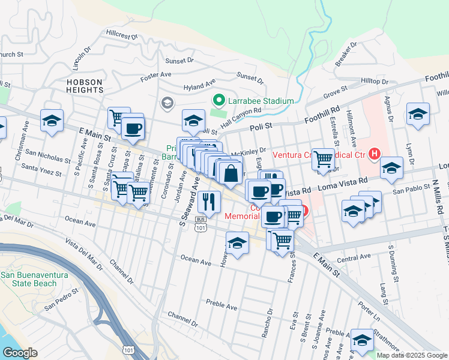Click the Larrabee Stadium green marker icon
coord(219,101)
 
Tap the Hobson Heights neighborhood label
coord(85,86)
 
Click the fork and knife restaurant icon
coord(208,202)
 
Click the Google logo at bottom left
coord(20,352)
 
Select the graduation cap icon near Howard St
coord(238,244)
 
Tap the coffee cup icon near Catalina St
coord(132,127)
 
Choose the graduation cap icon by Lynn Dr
coord(418,113)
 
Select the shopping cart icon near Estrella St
coord(323,159)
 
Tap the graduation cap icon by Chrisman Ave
coord(52,119)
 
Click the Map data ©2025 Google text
coord(412,355)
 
